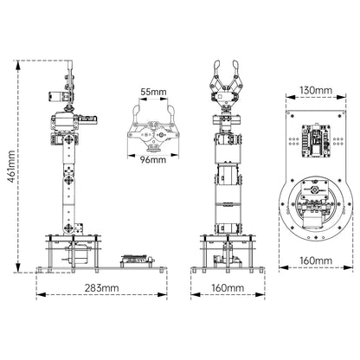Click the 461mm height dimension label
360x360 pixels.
click(x=11, y=166)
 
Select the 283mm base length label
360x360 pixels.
click(x=101, y=287)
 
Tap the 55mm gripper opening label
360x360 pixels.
click(x=153, y=92)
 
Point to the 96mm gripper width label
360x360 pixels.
click(x=153, y=159)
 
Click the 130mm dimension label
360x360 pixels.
click(x=316, y=90)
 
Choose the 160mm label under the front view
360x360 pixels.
click(x=228, y=287)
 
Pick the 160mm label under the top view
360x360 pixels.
click(x=316, y=260)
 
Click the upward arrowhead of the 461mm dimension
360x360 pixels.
click(x=18, y=65)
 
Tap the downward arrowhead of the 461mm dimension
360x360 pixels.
click(x=18, y=267)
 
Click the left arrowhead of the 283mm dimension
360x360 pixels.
click(x=41, y=294)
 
